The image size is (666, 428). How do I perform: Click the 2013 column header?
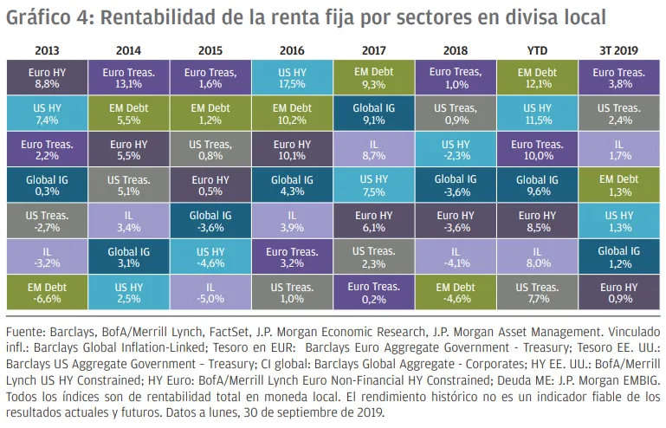click(47, 50)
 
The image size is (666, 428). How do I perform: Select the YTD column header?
click(537, 50)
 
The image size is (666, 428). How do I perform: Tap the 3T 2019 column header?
click(619, 50)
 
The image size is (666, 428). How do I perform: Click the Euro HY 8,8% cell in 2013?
click(47, 77)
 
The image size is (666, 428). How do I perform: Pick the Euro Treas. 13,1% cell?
click(128, 77)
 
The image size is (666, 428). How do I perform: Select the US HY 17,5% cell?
click(292, 77)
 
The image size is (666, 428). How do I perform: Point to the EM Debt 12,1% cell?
click(537, 77)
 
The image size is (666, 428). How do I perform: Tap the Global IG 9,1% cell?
click(373, 113)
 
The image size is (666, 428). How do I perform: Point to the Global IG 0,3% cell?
click(47, 185)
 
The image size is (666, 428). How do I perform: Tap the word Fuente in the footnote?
click(27, 332)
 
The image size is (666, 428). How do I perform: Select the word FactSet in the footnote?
click(267, 332)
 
